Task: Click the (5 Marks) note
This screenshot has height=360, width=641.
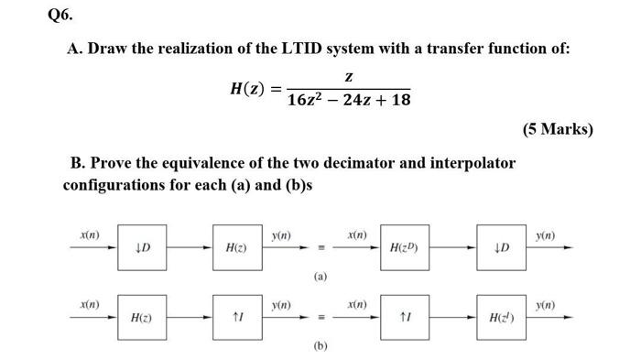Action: tap(558, 128)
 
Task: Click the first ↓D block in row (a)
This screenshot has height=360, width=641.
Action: tap(141, 248)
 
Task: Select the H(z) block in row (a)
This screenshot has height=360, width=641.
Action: tap(235, 248)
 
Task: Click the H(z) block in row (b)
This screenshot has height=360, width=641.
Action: tap(141, 318)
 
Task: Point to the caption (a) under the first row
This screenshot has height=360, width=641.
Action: tap(319, 276)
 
